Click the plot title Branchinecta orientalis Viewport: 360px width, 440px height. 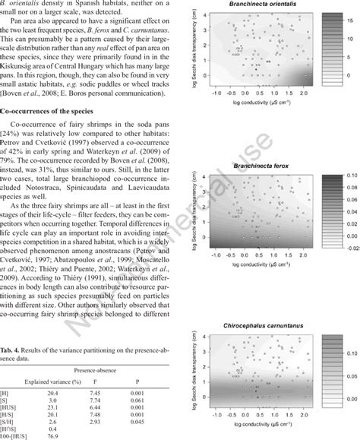click(x=250, y=7)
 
